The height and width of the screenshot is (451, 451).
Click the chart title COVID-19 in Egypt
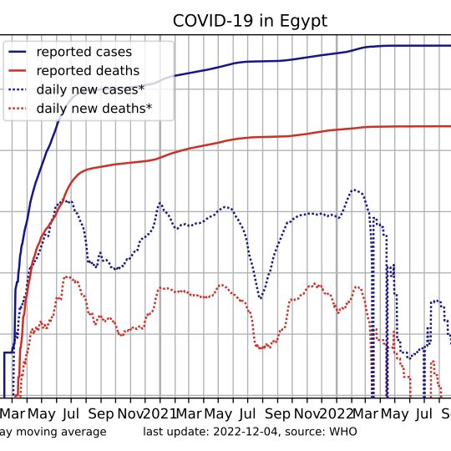250,21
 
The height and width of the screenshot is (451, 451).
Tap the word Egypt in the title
303,22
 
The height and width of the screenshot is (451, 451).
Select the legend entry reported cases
84,52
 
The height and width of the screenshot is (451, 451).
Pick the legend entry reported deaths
88,71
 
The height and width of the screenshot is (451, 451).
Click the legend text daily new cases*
90,89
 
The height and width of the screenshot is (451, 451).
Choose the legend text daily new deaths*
94,109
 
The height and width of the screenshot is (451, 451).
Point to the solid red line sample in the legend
18,71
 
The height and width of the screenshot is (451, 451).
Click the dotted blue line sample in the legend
18,89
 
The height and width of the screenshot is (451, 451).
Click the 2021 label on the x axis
160,414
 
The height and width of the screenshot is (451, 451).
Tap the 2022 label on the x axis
337,414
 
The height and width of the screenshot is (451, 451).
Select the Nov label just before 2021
130,414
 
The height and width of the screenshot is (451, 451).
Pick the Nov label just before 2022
307,414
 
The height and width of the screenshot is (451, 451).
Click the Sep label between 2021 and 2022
277,415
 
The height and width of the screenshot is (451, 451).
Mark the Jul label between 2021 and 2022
247,414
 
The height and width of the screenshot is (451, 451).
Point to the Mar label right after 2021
189,414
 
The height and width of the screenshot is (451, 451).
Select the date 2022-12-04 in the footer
246,432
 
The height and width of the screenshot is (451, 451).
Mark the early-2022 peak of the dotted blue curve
354,190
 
